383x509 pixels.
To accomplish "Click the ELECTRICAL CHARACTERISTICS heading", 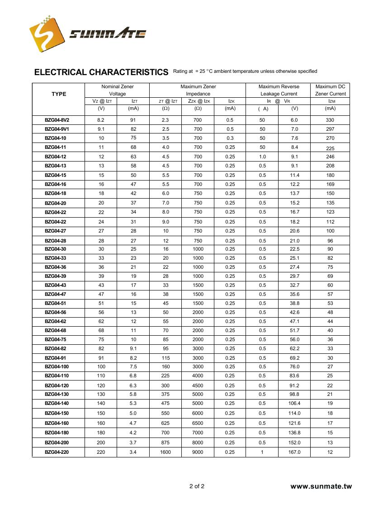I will coord(101,72).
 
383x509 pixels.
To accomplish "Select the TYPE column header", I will coord(59,94).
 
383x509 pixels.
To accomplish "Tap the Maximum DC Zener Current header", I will coord(330,90).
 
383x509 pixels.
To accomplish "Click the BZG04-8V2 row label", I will coord(57,120).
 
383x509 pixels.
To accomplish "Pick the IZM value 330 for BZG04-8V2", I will coord(330,120).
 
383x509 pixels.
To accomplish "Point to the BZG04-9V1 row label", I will coord(57,129).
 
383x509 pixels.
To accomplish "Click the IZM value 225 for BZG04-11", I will coord(330,148).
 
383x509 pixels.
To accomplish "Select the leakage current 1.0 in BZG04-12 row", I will coord(262,157).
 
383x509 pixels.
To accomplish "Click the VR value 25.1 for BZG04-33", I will coord(294,258).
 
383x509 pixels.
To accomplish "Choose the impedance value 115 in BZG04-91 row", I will coord(165,358).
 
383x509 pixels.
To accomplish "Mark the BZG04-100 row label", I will coord(57,366).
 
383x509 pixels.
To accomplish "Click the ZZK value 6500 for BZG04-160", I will coord(198,423).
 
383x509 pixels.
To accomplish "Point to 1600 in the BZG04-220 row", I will coord(165,452).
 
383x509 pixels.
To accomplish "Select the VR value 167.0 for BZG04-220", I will coord(294,452).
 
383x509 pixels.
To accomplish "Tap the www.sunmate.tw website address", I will coord(321,487).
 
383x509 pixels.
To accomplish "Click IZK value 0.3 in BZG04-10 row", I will coord(230,138).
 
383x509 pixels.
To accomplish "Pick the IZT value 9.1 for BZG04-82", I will coord(133,348).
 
